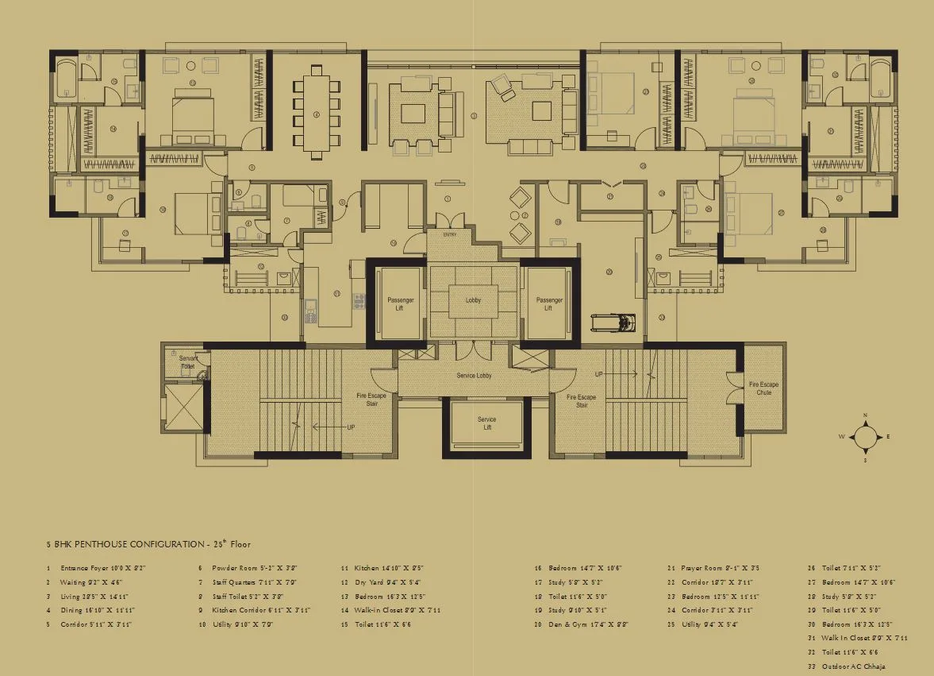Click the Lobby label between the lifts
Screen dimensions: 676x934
(x=473, y=300)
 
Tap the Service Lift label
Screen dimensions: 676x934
(x=486, y=423)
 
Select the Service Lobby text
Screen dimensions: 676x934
(x=475, y=375)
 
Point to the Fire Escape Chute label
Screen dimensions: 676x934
(x=763, y=388)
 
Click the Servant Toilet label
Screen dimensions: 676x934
(x=187, y=362)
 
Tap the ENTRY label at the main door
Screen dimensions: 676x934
(x=450, y=234)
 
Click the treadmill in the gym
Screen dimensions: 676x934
(x=613, y=323)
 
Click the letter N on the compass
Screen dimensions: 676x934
(x=865, y=415)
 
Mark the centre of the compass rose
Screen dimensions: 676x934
(x=865, y=437)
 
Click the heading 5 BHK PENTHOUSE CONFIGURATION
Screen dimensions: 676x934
(x=148, y=545)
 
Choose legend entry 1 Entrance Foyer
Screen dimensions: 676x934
(x=97, y=569)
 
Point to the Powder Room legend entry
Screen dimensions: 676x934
(x=247, y=569)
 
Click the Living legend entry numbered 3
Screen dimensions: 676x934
(x=93, y=596)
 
